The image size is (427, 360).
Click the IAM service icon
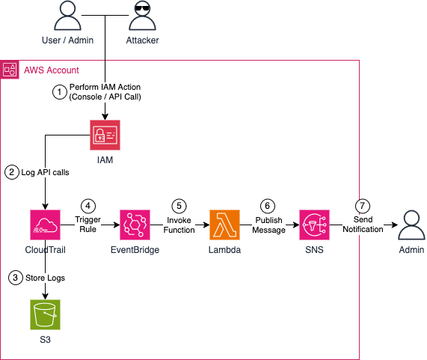coord(105,135)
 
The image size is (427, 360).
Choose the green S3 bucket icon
coord(46,315)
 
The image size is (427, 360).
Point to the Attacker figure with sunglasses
coord(142,16)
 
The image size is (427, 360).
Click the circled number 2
coord(11,172)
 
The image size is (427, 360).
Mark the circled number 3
coord(11,278)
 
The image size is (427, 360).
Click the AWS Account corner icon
coord(10,70)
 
